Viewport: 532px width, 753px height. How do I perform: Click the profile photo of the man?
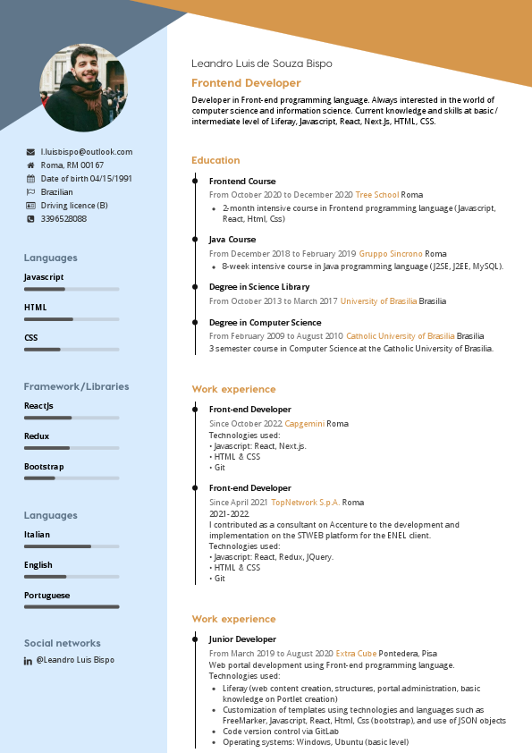click(83, 88)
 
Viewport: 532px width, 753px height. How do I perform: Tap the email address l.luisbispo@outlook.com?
click(87, 152)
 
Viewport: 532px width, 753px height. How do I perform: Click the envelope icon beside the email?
click(30, 152)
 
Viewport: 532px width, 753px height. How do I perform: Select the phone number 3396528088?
click(63, 218)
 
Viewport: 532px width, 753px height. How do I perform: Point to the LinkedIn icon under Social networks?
click(29, 660)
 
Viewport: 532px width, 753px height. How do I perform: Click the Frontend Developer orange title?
click(246, 83)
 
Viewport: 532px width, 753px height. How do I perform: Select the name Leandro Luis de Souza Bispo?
click(262, 63)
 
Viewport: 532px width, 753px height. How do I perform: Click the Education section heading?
click(215, 160)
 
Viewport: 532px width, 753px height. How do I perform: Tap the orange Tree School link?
click(376, 194)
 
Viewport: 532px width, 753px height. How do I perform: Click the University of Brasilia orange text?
click(378, 301)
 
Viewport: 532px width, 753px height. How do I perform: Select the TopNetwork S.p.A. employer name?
click(305, 503)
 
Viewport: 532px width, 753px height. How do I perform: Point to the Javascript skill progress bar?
click(72, 289)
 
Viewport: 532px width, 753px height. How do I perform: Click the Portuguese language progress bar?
click(72, 607)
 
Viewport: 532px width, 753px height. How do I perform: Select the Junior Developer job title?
click(242, 639)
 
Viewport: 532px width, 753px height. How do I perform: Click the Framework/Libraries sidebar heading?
click(76, 386)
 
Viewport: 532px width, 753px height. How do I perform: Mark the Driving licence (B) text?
click(74, 206)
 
